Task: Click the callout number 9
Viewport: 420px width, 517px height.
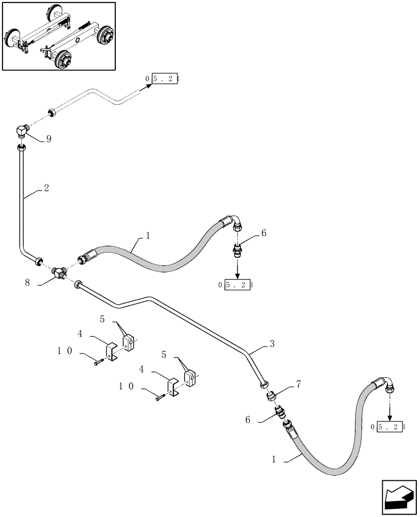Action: [x=49, y=140]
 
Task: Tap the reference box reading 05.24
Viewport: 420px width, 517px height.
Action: [x=165, y=79]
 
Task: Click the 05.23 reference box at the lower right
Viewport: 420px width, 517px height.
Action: [x=389, y=427]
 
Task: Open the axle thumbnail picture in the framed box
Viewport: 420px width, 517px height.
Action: [x=58, y=36]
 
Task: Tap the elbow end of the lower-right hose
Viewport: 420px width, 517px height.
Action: [x=389, y=385]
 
